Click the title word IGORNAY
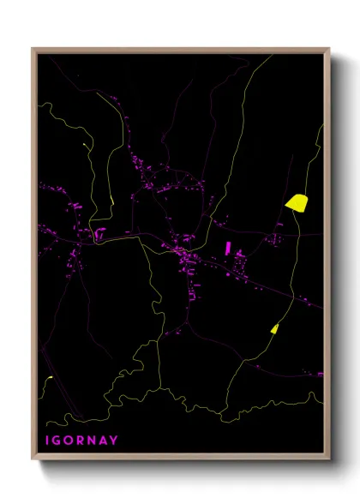(81, 441)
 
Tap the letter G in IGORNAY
(60, 441)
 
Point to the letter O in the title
(72, 441)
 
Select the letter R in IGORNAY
(84, 441)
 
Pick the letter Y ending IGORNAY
(116, 441)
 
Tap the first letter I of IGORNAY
(49, 441)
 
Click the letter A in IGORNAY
(105, 441)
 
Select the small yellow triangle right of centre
(274, 328)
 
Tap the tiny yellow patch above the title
(49, 378)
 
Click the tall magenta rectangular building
(227, 249)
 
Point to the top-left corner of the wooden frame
(33, 48)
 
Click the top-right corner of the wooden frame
(329, 48)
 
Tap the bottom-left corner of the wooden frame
(33, 459)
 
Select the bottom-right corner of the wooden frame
(329, 459)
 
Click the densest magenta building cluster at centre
(184, 253)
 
